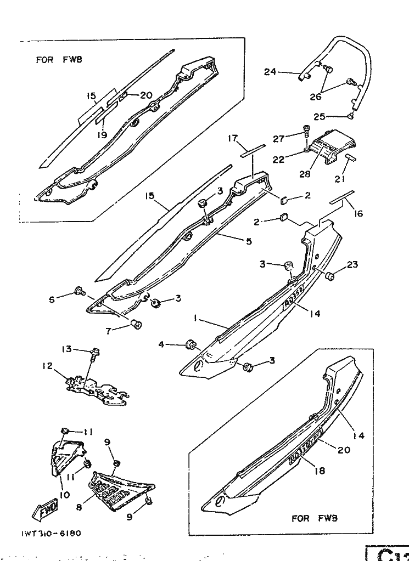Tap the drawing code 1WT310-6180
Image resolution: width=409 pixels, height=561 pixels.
(x=53, y=532)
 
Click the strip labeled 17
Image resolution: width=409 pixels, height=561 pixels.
(x=253, y=150)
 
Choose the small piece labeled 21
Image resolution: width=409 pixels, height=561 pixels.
(x=350, y=158)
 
